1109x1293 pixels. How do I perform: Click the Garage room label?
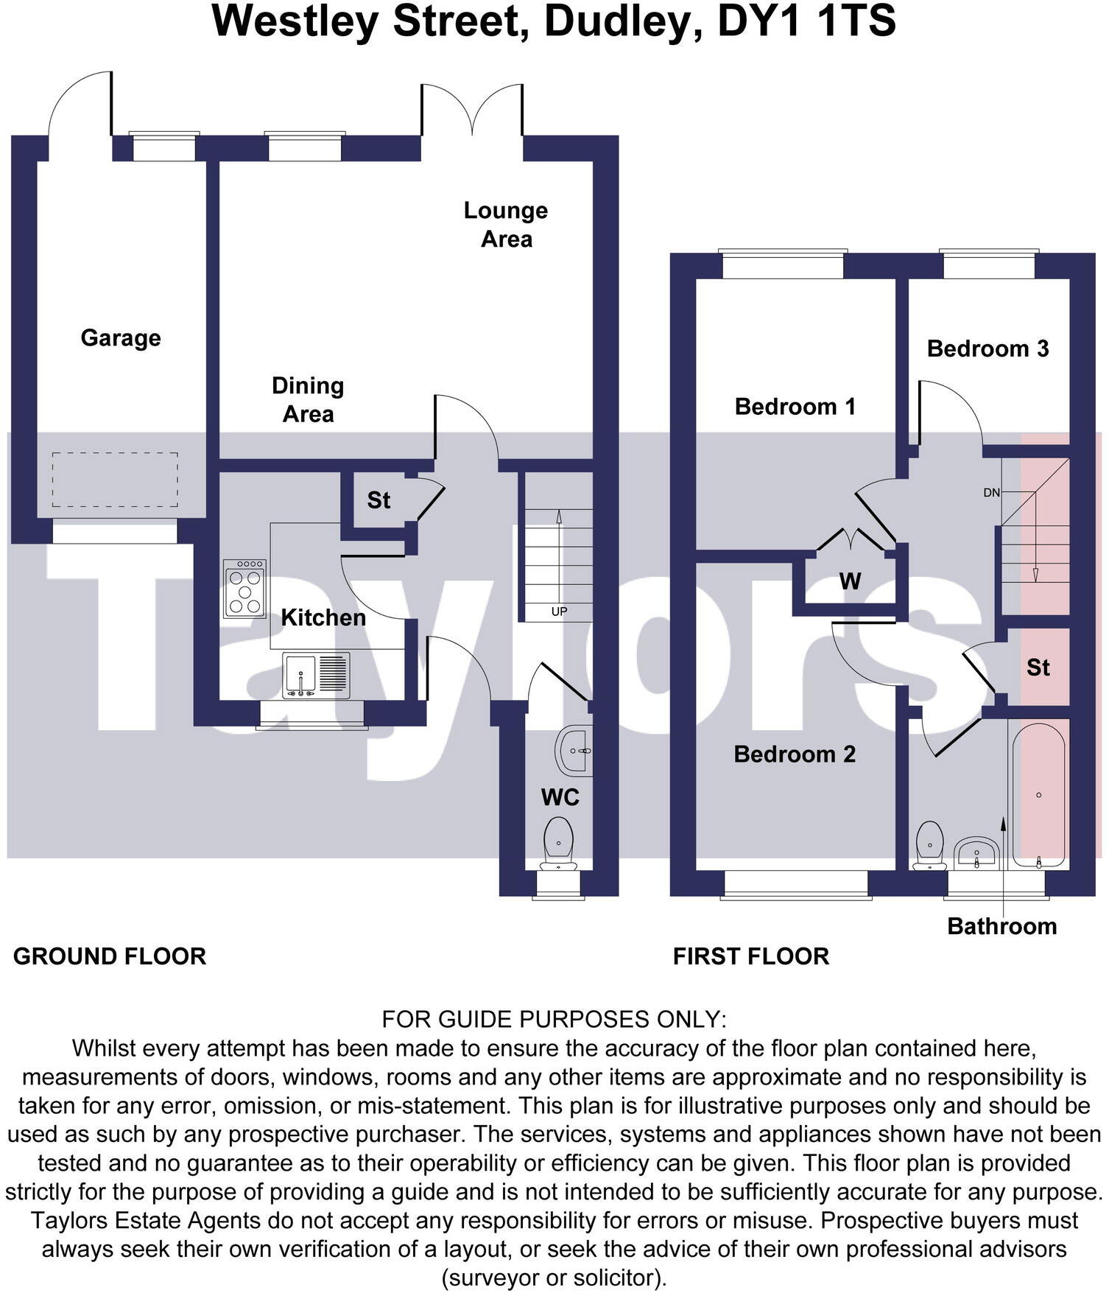pos(121,338)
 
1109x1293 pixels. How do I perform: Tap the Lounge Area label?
pos(506,225)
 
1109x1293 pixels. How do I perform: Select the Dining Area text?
pos(308,399)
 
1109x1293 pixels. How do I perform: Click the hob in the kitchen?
pos(245,589)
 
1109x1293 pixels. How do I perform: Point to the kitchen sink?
pos(316,675)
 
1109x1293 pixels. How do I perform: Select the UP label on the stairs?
pos(559,612)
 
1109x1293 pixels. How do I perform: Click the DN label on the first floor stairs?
pos(991,493)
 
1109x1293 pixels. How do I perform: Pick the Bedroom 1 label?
pos(795,407)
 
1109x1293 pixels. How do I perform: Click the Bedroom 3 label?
pos(987,348)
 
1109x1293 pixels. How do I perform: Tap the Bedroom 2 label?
pos(795,754)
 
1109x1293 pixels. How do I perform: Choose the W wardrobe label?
pos(850,582)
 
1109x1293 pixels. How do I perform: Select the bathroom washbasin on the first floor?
pos(976,854)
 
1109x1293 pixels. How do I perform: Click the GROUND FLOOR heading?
pos(110,956)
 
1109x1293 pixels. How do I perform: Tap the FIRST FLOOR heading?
pos(751,956)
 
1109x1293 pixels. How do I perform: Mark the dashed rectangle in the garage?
pos(115,480)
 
